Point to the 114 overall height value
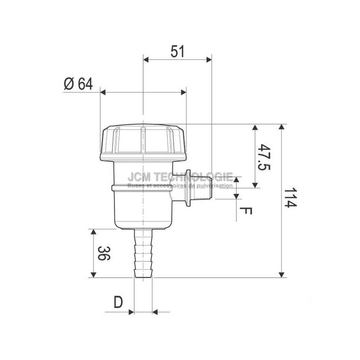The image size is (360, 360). pos(292,198)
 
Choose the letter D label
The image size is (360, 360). pos(118,302)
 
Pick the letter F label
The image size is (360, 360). pos(247,210)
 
